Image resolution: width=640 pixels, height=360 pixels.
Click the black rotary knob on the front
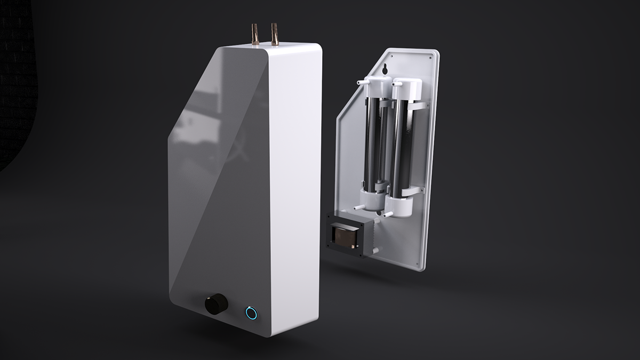216,304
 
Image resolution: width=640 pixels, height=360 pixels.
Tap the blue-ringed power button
251,313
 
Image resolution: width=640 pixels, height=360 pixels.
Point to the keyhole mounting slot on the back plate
385,69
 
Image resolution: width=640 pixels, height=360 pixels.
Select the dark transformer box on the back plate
346,234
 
